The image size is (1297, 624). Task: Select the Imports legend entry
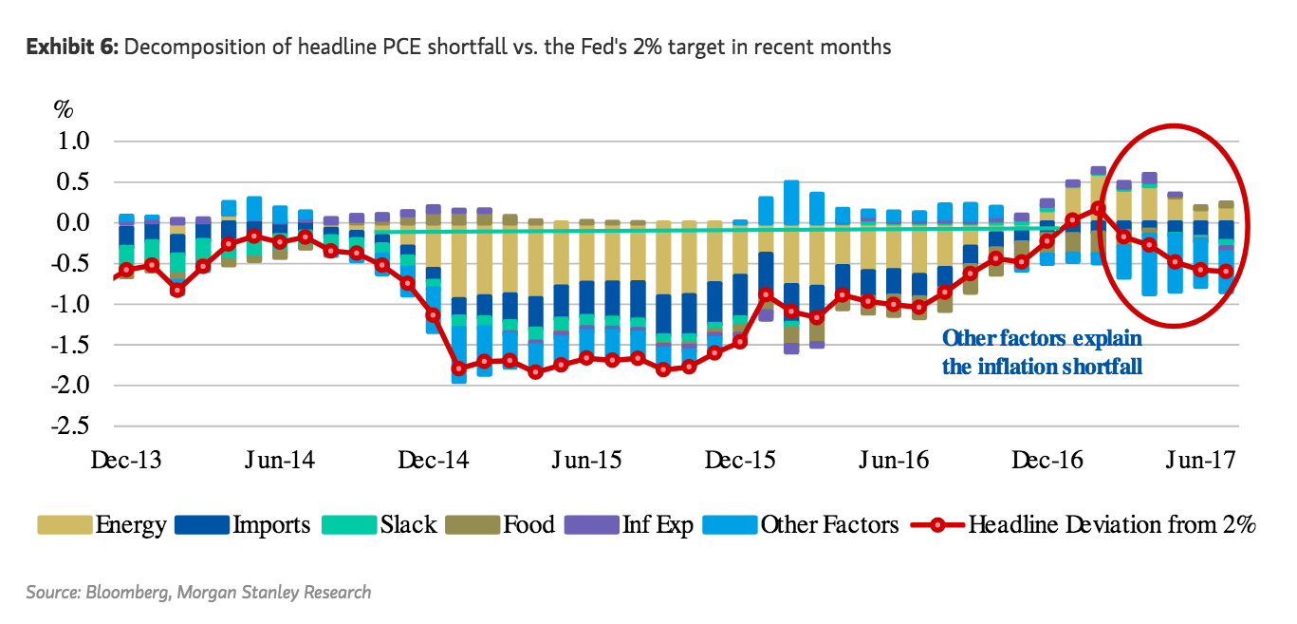270,524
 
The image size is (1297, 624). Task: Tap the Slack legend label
408,524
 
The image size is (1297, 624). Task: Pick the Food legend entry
528,524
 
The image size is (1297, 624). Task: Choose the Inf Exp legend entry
658,524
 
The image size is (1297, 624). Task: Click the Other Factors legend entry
828,524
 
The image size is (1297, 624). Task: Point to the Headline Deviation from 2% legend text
1111,524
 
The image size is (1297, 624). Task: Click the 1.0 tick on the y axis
73,142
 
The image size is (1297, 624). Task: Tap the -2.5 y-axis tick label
69,425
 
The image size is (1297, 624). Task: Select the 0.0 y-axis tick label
73,223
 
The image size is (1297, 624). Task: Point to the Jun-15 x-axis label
586,461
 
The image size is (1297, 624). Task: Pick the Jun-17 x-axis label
1201,461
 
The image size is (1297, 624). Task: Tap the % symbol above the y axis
63,108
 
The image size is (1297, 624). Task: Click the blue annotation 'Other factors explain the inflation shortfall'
1042,352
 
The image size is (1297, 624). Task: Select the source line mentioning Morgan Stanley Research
198,593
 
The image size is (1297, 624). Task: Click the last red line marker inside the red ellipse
1227,271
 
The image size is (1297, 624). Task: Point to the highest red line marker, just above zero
1098,208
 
